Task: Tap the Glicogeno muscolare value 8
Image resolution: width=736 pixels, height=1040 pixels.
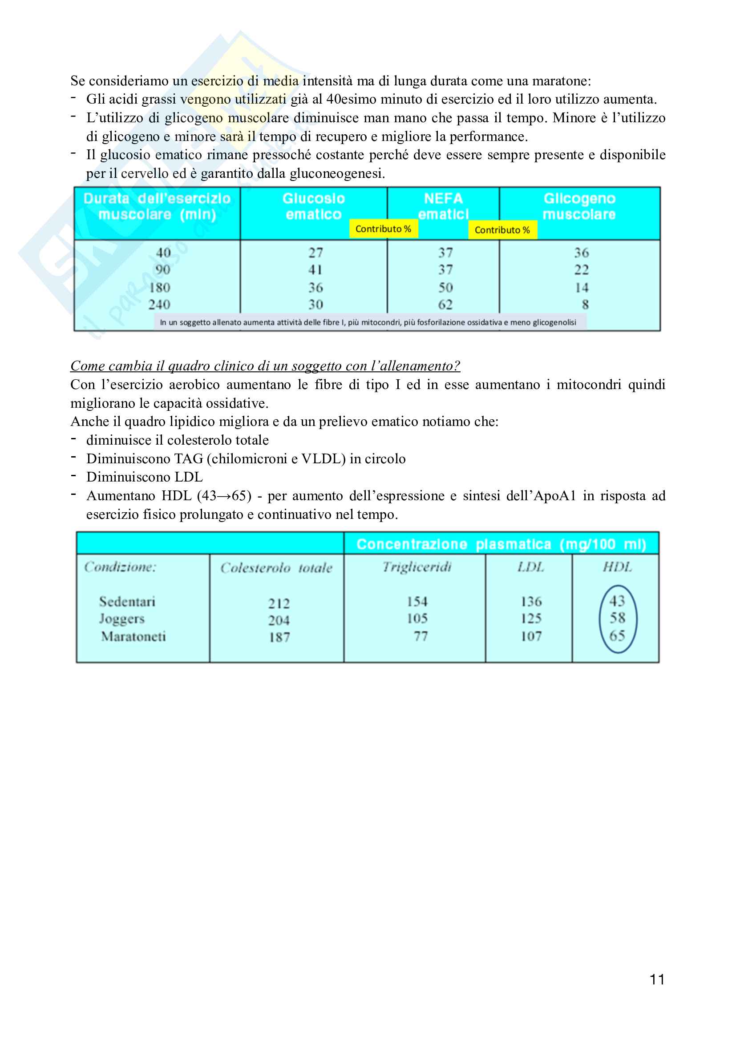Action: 585,305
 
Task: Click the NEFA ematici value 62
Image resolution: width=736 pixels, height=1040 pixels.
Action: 445,305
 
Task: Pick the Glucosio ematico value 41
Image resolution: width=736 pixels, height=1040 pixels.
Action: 315,270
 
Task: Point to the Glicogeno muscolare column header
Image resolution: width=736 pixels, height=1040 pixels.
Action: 579,206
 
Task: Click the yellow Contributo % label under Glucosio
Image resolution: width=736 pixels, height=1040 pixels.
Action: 383,229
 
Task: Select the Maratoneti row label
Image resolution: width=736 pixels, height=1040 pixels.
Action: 133,636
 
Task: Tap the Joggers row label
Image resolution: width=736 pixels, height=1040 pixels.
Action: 121,619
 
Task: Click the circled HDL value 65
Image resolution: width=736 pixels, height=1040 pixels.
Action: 617,635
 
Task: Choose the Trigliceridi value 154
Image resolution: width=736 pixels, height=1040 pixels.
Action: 417,602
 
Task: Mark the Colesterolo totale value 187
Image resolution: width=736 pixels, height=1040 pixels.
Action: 279,637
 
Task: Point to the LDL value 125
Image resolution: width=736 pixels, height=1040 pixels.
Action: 531,619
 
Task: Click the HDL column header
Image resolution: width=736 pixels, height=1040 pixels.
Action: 617,567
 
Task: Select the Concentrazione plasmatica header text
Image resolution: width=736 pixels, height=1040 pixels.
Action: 501,544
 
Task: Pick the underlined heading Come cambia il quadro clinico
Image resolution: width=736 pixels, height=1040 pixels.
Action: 265,365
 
